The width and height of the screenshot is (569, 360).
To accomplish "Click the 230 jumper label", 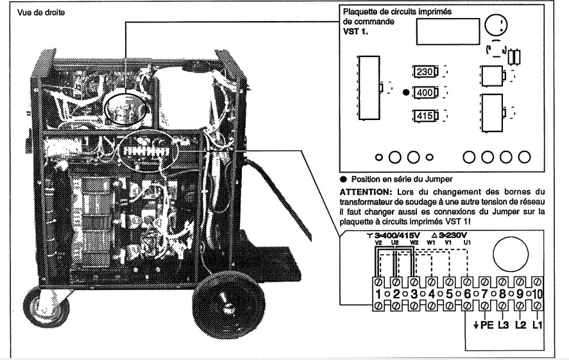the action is [x=425, y=71].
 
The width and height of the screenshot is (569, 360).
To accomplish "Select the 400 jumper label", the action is [x=425, y=92].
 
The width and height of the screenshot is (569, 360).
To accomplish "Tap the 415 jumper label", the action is [x=425, y=116].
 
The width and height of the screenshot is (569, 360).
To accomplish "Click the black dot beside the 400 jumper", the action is [x=406, y=92].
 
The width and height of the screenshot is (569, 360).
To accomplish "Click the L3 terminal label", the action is [x=503, y=325].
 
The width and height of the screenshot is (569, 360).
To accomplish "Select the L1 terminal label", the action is [x=538, y=325].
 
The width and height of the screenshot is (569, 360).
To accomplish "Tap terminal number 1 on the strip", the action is [x=378, y=294].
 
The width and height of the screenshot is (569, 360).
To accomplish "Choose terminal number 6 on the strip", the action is [x=467, y=294].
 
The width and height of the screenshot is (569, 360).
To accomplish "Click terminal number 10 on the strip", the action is [x=538, y=294].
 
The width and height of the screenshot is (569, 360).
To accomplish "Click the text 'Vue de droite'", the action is [x=41, y=13].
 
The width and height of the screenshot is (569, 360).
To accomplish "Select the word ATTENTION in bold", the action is [x=366, y=192].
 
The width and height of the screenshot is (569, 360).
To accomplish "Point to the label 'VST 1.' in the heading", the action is [x=355, y=31].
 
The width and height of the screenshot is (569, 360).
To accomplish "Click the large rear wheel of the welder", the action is [x=228, y=305].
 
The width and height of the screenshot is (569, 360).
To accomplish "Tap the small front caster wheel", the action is [x=46, y=307].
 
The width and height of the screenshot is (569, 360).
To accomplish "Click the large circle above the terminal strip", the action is [x=511, y=254].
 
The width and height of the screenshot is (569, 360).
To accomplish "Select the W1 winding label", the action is [x=431, y=243].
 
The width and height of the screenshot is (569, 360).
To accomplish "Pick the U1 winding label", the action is [x=467, y=243].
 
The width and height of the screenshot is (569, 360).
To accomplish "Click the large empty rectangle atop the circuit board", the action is [x=448, y=31].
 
